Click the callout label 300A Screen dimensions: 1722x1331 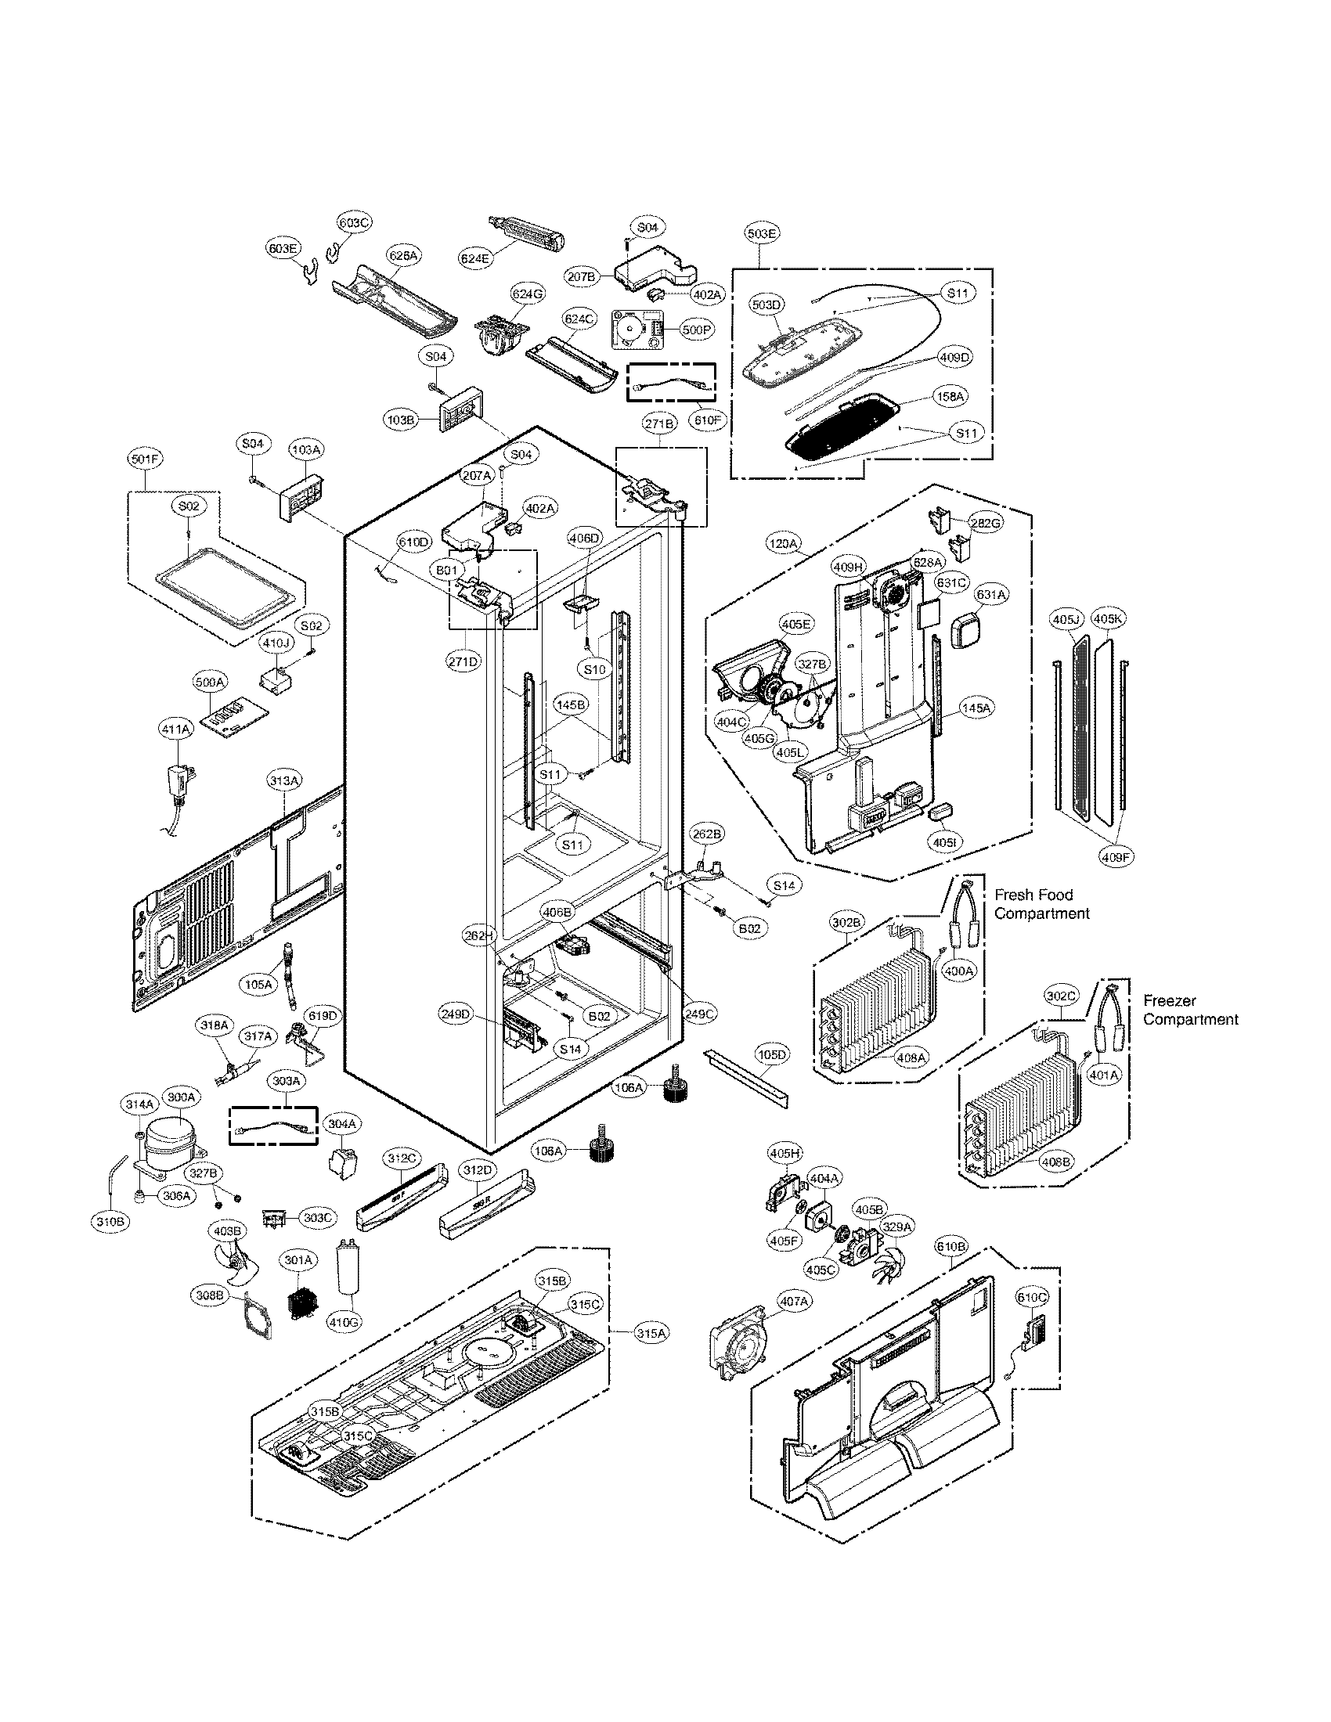point(181,1097)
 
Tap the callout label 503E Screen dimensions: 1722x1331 point(761,233)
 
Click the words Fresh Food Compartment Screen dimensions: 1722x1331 point(1041,904)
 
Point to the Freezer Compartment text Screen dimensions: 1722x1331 point(1190,1010)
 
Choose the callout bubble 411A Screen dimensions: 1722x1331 point(175,730)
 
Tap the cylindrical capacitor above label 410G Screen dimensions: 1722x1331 point(345,1269)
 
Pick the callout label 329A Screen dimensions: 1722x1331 point(896,1227)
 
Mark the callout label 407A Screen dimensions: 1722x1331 point(794,1302)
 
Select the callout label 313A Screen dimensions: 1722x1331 point(283,780)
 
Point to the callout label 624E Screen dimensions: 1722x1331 point(475,257)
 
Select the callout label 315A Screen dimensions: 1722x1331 point(651,1332)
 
